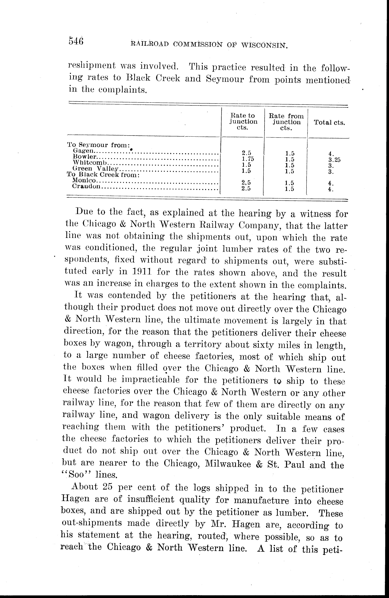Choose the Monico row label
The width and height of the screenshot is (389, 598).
84,180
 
